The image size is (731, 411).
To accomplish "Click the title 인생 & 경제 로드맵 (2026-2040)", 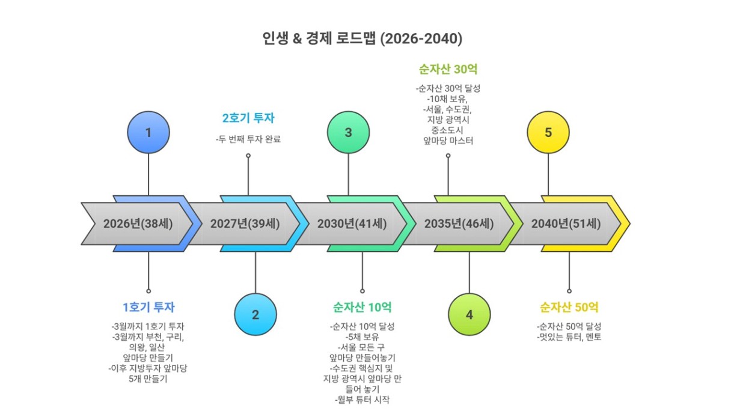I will coord(362,38).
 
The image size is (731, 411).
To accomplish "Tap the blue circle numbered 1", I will coord(148,132).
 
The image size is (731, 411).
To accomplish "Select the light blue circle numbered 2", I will coord(255,314).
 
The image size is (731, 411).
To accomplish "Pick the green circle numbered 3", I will coord(349,132).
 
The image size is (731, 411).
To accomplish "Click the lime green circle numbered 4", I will coord(469,314).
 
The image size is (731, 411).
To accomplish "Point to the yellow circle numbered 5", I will coord(548,132).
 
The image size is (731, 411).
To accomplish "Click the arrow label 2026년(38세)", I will coord(138,224).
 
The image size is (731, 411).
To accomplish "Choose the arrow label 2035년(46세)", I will coord(459,224).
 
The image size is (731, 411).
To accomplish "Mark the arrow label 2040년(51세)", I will coord(566,224).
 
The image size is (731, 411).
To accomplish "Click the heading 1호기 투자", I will coord(148,307).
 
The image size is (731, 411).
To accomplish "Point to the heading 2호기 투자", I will coord(248,118).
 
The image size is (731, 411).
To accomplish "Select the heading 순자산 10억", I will coord(362,307).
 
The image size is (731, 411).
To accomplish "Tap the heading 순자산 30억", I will coord(448,68).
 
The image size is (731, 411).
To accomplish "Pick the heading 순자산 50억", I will coord(569,307).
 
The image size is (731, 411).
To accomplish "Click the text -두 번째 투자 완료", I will coord(248,139).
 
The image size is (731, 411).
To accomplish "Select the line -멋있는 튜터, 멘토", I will coord(569,337).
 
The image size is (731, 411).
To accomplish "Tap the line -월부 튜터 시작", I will coord(362,400).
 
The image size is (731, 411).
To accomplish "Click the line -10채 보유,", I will coord(448,99).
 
